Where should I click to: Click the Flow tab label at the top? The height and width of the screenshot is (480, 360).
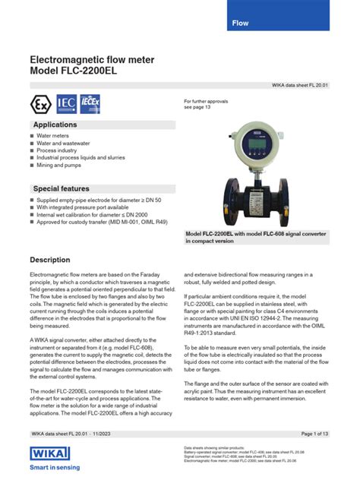coord(240,24)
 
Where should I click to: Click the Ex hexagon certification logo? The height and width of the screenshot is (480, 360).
coord(39,103)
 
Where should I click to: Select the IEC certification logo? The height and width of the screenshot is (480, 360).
coord(65,103)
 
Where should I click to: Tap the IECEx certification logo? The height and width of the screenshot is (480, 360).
coord(92,103)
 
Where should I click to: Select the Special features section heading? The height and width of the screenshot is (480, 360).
coord(61,188)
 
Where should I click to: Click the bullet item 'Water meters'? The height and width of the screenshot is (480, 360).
coord(53,137)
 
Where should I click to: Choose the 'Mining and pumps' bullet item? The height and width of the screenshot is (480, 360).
coord(62,164)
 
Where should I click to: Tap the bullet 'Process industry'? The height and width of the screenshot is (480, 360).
coord(58,150)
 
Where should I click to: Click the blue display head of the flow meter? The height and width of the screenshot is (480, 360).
coord(237,144)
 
